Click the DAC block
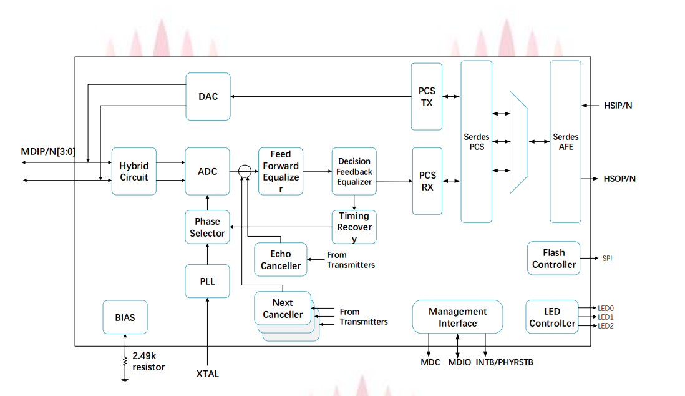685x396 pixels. coord(208,96)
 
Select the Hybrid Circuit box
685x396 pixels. coord(134,171)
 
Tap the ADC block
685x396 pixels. coord(208,171)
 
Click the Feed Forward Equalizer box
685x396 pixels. coord(280,171)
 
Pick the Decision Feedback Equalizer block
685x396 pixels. coord(354,171)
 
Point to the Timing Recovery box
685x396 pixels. coord(354,227)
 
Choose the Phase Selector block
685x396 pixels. coord(208,227)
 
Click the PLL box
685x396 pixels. coord(208,281)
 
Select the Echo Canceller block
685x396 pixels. coord(281,260)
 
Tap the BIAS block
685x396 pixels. coord(125,317)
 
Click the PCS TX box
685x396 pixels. coord(427,96)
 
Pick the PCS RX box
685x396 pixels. coord(427,181)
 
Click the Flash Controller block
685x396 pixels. coord(553,259)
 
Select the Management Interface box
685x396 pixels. coord(457,317)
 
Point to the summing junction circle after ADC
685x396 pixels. coord(245,171)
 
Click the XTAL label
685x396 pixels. coord(208,374)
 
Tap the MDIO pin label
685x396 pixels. coord(460,362)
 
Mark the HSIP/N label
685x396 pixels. coord(618,106)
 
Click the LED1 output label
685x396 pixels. coord(606,317)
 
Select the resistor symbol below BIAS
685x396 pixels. coord(125,362)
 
